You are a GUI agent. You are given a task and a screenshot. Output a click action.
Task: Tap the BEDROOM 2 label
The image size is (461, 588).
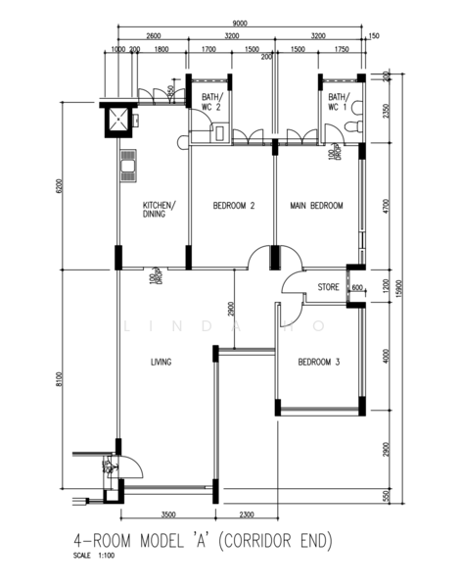pos(234,206)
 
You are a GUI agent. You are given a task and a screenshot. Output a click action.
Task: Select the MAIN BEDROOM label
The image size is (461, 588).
pos(316,206)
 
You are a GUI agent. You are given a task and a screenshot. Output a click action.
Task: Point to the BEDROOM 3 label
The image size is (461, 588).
pos(318,363)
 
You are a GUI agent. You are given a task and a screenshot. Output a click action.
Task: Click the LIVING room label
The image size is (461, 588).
pos(161,363)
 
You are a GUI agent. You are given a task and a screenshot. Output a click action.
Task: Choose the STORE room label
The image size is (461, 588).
pos(328,287)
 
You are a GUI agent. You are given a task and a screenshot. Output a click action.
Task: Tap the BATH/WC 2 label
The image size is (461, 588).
pos(211,102)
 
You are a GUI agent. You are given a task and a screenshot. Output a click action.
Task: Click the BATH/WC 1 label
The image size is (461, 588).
pos(338,102)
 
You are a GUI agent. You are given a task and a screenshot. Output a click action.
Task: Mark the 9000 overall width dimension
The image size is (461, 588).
pos(239,24)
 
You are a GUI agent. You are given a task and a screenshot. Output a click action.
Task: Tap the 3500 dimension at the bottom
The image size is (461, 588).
pos(167,514)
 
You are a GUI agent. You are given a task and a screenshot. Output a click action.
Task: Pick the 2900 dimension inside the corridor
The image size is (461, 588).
pos(229,311)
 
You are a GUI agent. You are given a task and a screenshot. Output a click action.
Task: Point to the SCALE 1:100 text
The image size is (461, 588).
pos(94,557)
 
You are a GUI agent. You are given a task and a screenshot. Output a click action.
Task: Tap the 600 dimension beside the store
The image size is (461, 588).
pos(357,287)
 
